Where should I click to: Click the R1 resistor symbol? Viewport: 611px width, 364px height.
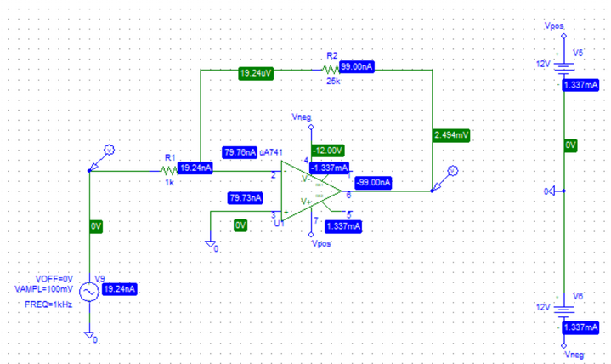[x=167, y=169]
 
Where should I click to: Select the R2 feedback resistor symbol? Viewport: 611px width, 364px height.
[x=331, y=68]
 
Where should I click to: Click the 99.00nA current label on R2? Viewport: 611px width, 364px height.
[x=358, y=67]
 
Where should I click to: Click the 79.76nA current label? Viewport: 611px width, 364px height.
[x=240, y=152]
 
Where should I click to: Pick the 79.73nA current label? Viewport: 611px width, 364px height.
[x=246, y=197]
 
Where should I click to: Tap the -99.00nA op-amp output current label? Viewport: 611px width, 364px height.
[x=373, y=182]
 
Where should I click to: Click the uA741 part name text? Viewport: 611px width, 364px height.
[x=273, y=151]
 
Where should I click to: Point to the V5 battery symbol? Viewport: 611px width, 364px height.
[x=564, y=65]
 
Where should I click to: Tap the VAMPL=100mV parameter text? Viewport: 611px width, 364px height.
[x=46, y=289]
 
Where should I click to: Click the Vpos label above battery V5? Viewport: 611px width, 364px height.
[x=553, y=27]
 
